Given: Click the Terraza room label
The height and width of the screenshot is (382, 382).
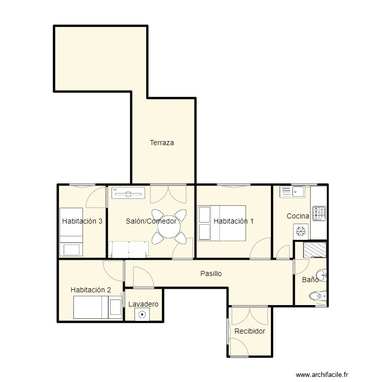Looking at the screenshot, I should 161,143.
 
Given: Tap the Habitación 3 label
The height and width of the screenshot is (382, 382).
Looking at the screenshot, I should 83,221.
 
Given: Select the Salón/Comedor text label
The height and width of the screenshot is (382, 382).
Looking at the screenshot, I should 151,221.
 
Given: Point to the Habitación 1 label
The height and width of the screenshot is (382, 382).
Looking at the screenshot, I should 233,221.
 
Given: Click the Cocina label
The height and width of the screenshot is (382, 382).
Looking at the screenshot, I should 297,216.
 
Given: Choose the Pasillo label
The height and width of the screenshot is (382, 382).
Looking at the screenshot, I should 210,274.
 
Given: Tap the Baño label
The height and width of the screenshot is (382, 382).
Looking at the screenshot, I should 310,280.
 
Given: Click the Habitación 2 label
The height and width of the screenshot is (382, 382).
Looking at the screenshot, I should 91,290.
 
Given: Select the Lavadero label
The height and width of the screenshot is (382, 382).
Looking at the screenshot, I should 143,304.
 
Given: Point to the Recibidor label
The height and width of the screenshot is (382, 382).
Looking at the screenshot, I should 250,331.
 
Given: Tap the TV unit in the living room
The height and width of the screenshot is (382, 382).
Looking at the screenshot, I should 128,193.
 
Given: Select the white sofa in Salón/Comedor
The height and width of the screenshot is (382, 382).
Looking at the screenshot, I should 129,249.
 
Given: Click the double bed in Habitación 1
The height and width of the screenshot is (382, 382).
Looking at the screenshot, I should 222,223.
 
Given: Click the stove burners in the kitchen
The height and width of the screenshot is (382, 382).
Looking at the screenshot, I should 319,213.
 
